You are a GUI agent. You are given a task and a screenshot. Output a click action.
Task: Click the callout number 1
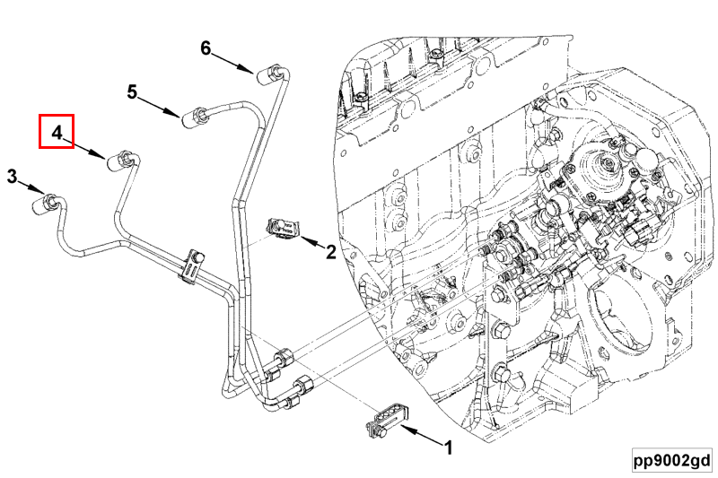click(x=448, y=448)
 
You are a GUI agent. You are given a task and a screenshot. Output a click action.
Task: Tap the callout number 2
click(x=330, y=252)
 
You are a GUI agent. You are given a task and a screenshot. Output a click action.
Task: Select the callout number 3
click(x=12, y=176)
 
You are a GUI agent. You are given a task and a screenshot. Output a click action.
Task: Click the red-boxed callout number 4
click(x=57, y=133)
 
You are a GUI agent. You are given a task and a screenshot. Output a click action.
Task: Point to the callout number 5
click(x=132, y=92)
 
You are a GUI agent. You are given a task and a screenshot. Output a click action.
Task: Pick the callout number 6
click(x=206, y=48)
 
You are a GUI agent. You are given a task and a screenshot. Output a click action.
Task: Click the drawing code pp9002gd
click(x=672, y=460)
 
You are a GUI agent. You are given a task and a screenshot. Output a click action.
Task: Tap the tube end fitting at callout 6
click(x=269, y=74)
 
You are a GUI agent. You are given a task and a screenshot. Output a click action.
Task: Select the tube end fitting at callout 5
click(x=195, y=117)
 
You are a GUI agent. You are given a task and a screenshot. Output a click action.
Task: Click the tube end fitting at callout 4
click(x=120, y=161)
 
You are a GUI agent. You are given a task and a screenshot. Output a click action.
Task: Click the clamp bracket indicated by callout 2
click(x=283, y=228)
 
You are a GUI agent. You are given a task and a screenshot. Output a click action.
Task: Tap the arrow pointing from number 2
click(x=312, y=242)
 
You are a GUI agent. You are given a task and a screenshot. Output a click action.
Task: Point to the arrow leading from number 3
click(x=31, y=187)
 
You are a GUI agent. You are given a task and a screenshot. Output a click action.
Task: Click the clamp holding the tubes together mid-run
click(x=192, y=265)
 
